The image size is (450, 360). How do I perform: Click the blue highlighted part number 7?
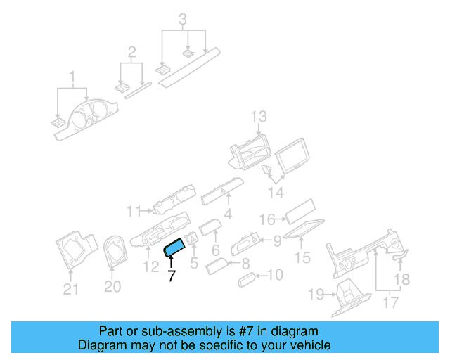coord(174,247)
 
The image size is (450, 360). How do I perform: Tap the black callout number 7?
coord(172,276)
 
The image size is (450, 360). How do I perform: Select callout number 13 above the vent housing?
coord(259,117)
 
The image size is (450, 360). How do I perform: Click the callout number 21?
coord(70,289)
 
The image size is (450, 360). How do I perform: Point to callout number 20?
coord(112,286)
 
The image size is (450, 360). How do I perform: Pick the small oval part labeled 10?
coord(247,280)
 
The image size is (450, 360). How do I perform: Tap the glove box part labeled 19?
coord(351,299)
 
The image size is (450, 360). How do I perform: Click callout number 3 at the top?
coord(183,20)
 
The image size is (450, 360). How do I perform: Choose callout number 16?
coord(267,219)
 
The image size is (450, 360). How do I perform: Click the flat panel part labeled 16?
coord(300,212)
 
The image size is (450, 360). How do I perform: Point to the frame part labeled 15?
coord(304,229)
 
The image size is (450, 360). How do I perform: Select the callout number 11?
coord(134,212)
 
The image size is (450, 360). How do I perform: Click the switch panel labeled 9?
coord(245,243)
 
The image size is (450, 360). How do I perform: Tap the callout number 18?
coord(401,279)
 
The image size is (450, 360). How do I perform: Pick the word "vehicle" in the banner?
coord(313,345)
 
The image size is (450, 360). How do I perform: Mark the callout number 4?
coord(228,214)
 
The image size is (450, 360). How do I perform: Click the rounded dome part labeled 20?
coord(115,252)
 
